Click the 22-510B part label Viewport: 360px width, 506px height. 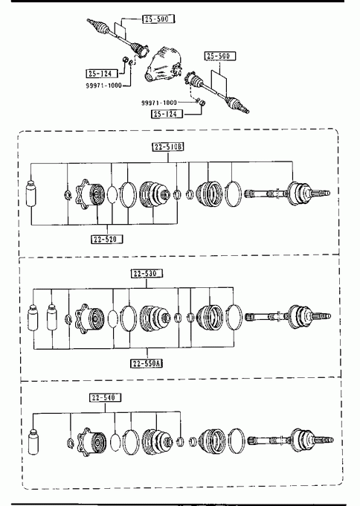point(168,147)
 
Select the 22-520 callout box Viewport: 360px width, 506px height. point(107,239)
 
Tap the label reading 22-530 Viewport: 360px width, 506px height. point(147,273)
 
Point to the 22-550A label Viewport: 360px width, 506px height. point(147,363)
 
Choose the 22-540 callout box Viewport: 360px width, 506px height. point(105,397)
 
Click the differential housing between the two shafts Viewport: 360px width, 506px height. point(163,63)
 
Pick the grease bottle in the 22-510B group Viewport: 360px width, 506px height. point(31,193)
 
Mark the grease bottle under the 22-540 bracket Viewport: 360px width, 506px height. point(33,441)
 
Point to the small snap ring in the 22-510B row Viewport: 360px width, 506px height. point(68,194)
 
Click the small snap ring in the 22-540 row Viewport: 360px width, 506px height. point(71,443)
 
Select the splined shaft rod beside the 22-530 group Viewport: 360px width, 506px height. point(266,317)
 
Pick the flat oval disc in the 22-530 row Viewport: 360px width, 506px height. point(112,318)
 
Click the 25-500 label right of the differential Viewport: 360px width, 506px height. point(220,56)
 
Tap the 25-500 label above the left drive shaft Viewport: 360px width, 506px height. point(158,19)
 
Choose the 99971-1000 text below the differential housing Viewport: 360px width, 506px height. point(159,103)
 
